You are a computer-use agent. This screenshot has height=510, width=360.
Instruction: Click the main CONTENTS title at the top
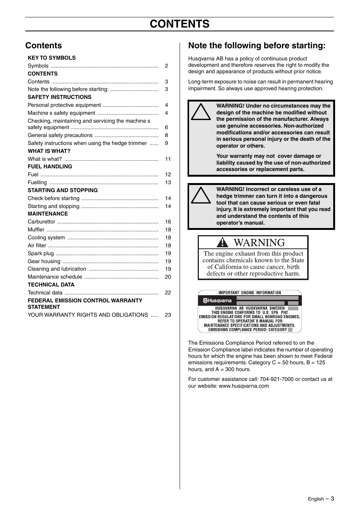pyautogui.click(x=179, y=24)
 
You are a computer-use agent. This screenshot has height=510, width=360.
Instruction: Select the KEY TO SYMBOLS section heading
pyautogui.click(x=52, y=58)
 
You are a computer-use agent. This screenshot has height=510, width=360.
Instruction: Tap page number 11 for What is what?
pyautogui.click(x=168, y=159)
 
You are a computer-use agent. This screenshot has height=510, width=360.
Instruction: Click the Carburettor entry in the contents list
pyautogui.click(x=42, y=222)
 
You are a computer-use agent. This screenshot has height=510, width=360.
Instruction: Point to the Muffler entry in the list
pyautogui.click(x=36, y=230)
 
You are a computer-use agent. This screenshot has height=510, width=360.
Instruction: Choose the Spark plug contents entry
pyautogui.click(x=41, y=253)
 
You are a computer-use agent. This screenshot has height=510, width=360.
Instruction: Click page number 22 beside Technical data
pyautogui.click(x=168, y=293)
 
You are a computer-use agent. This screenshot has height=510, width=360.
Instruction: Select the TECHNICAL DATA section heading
pyautogui.click(x=51, y=285)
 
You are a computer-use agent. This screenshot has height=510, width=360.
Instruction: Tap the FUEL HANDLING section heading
pyautogui.click(x=50, y=166)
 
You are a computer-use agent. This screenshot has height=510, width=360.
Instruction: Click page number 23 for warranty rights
pyautogui.click(x=168, y=315)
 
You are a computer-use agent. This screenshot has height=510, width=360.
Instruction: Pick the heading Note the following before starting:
pyautogui.click(x=257, y=46)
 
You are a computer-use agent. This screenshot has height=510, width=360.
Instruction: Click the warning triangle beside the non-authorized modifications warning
pyautogui.click(x=201, y=112)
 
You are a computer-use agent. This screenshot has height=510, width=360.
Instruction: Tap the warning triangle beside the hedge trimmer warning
pyautogui.click(x=201, y=196)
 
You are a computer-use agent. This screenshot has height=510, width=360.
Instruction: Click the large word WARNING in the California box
pyautogui.click(x=259, y=242)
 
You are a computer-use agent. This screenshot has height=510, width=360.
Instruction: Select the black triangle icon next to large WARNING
pyautogui.click(x=222, y=242)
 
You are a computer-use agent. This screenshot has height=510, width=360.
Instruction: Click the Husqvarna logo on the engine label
pyautogui.click(x=217, y=301)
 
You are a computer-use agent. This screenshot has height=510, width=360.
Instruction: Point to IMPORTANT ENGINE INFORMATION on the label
pyautogui.click(x=250, y=293)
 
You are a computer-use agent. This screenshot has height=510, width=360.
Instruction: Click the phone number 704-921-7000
pyautogui.click(x=277, y=379)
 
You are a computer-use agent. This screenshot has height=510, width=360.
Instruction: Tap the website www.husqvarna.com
pyautogui.click(x=244, y=386)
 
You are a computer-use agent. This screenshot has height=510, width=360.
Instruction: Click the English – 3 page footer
pyautogui.click(x=321, y=499)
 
